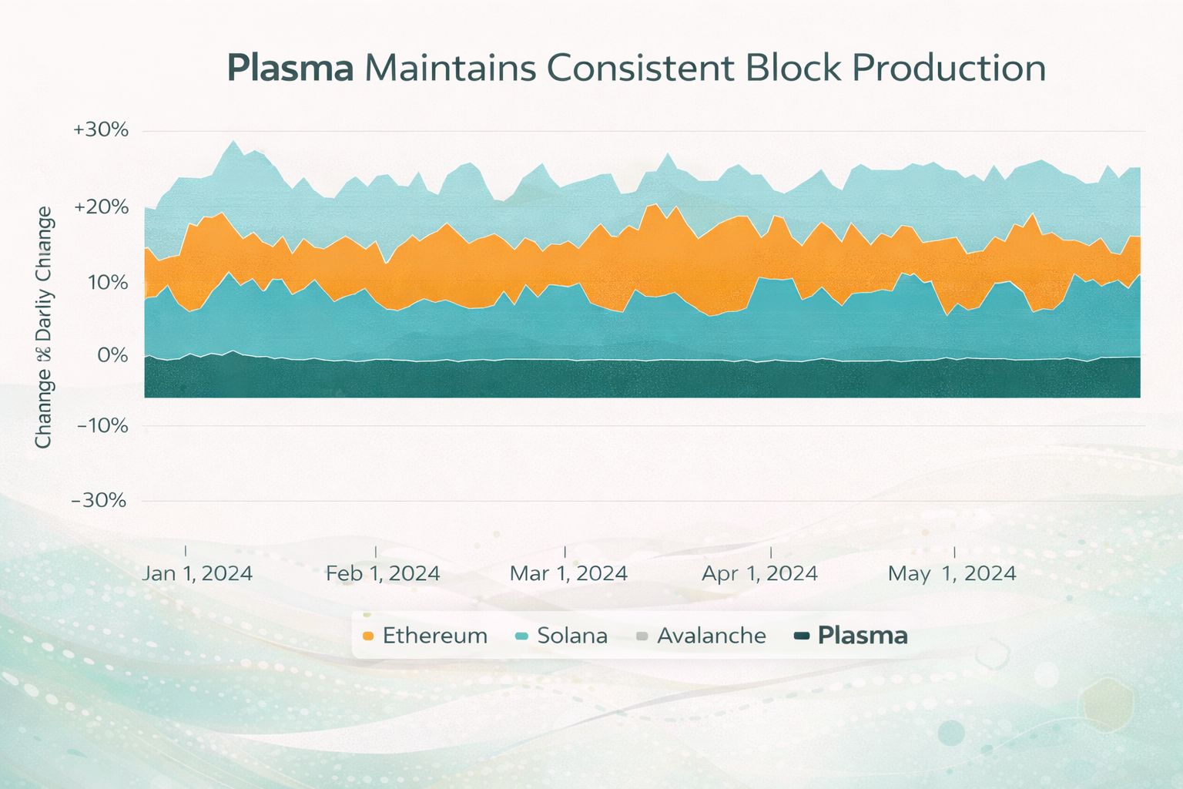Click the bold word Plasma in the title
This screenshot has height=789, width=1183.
pyautogui.click(x=290, y=68)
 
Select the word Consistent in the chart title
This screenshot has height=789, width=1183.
pyautogui.click(x=641, y=68)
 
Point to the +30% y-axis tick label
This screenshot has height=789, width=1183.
pyautogui.click(x=101, y=129)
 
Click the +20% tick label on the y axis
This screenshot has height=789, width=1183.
pyautogui.click(x=101, y=207)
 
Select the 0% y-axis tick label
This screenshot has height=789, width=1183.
pyautogui.click(x=112, y=355)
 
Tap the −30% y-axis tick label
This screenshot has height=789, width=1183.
pyautogui.click(x=99, y=500)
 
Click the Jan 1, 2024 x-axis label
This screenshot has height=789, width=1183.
pyautogui.click(x=198, y=573)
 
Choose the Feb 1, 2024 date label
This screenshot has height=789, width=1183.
pyautogui.click(x=383, y=573)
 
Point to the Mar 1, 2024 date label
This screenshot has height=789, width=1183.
pyautogui.click(x=568, y=573)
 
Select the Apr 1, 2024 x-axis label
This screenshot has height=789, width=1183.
pyautogui.click(x=759, y=573)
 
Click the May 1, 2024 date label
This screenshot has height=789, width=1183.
pyautogui.click(x=952, y=573)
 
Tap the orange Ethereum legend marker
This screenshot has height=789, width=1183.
pyautogui.click(x=367, y=636)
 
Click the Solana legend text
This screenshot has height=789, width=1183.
pyautogui.click(x=572, y=636)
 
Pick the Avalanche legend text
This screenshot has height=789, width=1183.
pyautogui.click(x=712, y=636)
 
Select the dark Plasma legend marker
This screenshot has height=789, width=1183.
pyautogui.click(x=802, y=636)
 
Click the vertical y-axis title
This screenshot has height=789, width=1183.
pyautogui.click(x=43, y=327)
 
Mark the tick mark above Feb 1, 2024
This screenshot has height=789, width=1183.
pyautogui.click(x=376, y=551)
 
